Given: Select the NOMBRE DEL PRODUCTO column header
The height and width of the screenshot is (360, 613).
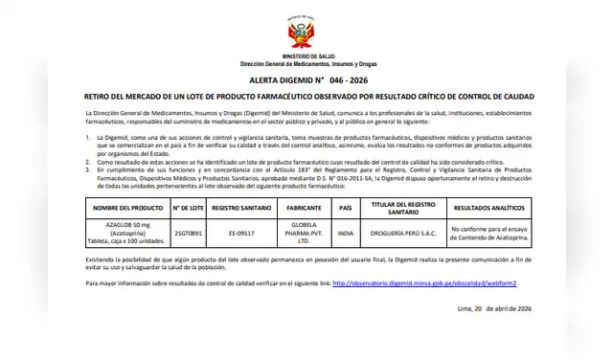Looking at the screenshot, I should click(x=121, y=207).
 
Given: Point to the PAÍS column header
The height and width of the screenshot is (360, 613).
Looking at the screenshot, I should click(x=346, y=207).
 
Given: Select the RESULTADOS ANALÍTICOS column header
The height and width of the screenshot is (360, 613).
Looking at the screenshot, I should click(x=489, y=207).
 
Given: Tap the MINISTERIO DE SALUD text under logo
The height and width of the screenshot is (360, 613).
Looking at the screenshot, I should click(x=306, y=55).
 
